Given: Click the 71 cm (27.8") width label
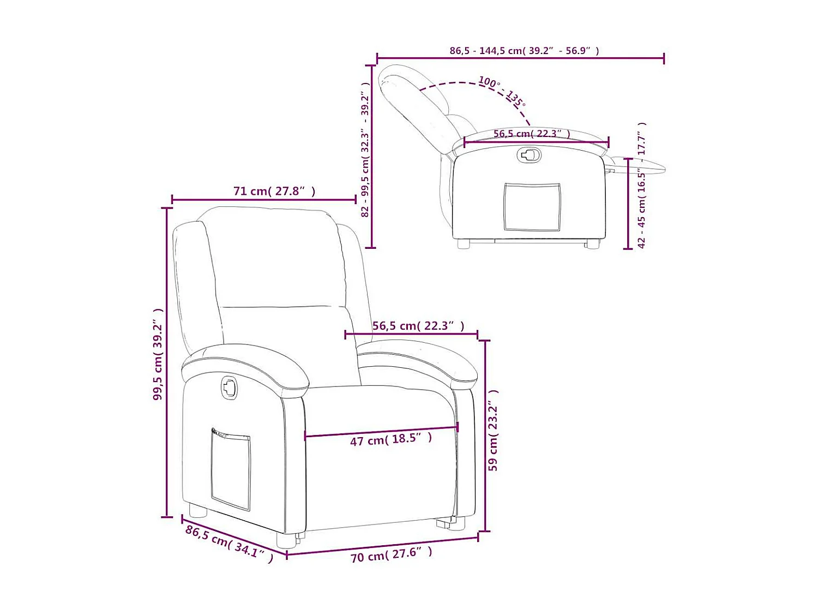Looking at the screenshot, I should pos(274,191).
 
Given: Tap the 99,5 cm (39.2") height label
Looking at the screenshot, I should pos(158,354).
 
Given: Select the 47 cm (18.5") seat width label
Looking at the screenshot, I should pos(391,439).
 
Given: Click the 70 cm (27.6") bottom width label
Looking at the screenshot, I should pos(391,555).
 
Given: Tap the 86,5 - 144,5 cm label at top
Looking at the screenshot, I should pos(524,51).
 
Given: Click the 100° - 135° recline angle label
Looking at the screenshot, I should pos(502,91).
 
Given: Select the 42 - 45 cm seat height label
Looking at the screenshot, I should pos(642,186).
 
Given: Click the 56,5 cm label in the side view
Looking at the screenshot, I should pos(532,134).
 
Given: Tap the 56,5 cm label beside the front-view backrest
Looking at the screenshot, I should pos(418,326).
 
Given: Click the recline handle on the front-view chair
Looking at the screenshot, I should pos(230,388).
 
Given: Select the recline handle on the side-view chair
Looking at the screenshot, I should pos(529,155).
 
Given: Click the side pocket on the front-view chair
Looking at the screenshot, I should pos(231,470).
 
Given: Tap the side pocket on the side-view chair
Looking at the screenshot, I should pos(532,207).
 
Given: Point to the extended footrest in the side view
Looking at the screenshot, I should pos(638,164).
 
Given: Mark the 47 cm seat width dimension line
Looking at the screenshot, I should pos(381,431).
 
